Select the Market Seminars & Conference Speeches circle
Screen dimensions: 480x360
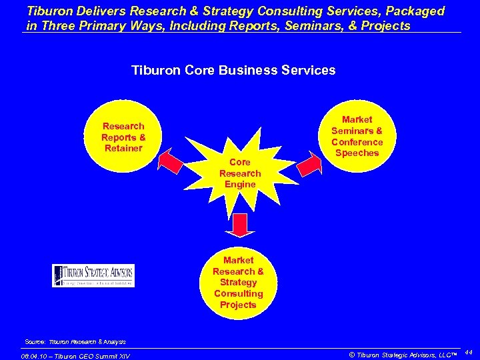point(357,136)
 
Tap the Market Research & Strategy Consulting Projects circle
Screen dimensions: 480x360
point(238,282)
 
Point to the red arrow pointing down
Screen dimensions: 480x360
point(240,225)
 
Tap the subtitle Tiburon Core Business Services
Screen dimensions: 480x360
point(233,70)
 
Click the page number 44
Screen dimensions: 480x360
point(468,351)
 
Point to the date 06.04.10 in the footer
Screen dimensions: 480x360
point(38,355)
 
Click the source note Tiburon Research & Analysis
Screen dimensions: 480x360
point(75,341)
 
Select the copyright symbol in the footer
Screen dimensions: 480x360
point(352,354)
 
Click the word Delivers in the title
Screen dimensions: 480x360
point(95,11)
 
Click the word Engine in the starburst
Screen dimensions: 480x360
point(239,184)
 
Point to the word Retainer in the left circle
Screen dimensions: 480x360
point(123,148)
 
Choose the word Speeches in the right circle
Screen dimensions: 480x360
point(357,153)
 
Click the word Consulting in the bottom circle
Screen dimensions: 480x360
point(238,293)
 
